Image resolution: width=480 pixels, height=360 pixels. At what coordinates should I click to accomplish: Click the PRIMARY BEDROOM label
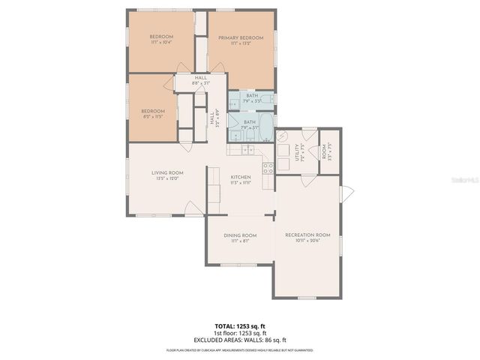[241, 37]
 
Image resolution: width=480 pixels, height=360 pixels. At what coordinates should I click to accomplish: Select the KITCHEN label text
[240, 177]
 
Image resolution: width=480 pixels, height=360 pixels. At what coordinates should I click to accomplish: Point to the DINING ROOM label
[240, 235]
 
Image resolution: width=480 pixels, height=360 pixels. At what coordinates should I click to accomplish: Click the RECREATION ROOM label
[307, 235]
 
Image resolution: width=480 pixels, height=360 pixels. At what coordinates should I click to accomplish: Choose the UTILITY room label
[297, 154]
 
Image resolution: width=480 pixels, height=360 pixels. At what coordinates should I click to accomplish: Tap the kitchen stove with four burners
[268, 167]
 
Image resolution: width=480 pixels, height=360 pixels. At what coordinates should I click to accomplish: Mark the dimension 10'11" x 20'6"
[307, 241]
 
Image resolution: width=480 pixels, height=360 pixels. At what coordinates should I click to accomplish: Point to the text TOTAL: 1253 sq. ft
[240, 326]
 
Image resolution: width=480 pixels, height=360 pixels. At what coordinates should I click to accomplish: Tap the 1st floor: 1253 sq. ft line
[240, 332]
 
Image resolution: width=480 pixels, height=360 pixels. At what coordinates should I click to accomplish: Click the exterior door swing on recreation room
[346, 193]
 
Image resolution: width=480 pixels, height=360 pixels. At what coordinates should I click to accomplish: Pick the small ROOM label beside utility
[325, 152]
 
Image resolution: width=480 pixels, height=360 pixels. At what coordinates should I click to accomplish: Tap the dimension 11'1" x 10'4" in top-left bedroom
[161, 43]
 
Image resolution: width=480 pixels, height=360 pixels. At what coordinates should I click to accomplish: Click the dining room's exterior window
[240, 265]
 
